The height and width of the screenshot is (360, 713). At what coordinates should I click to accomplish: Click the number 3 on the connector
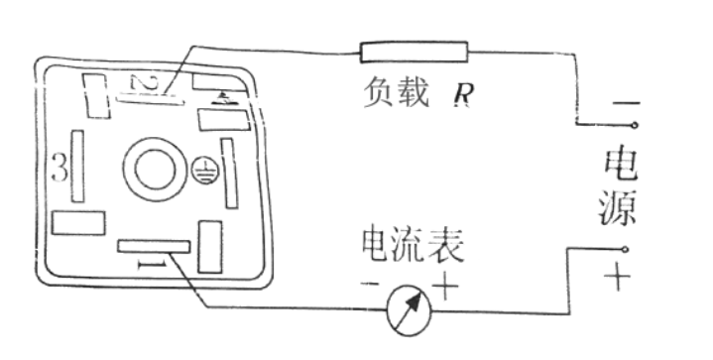tap(59, 170)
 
